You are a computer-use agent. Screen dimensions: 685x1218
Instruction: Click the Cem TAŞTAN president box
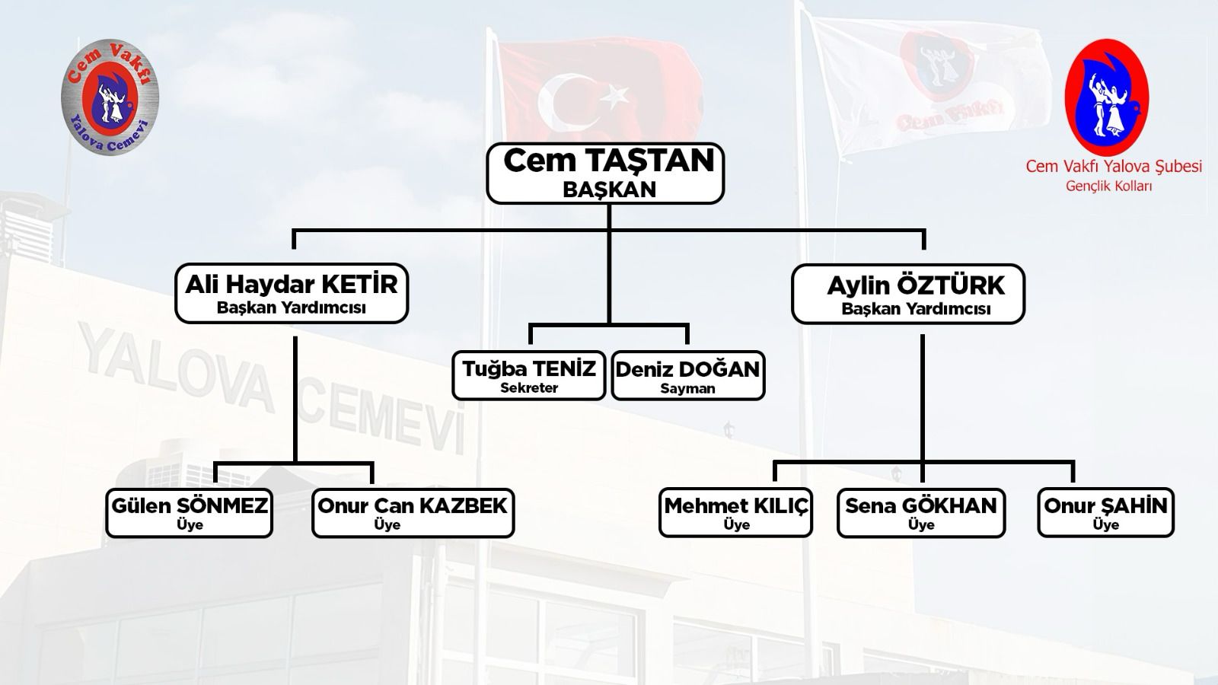605,174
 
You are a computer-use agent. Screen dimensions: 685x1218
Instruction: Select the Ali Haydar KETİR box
292,294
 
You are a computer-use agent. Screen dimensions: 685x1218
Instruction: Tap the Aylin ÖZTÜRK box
908,294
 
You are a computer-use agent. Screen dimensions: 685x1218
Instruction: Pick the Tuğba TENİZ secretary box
529,375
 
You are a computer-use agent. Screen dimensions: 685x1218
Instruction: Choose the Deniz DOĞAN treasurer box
687,375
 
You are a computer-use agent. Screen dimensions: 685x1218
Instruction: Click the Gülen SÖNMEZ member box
190,513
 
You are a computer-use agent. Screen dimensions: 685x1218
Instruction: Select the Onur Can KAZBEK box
413,513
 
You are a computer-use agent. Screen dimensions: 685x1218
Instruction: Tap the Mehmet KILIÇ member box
735,513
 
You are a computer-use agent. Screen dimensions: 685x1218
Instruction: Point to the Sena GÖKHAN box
921,513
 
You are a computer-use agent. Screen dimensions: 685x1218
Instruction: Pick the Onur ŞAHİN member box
1105,513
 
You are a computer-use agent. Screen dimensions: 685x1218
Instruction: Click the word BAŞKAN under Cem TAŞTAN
609,190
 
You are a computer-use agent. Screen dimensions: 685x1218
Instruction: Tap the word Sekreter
529,388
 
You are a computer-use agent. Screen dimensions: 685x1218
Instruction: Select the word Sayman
687,388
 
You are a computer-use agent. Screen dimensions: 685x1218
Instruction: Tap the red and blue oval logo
1108,95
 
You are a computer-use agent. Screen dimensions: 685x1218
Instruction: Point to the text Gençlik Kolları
1108,186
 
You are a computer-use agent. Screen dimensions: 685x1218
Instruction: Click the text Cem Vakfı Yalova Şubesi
1114,166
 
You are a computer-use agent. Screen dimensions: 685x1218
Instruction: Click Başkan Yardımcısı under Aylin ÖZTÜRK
916,309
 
